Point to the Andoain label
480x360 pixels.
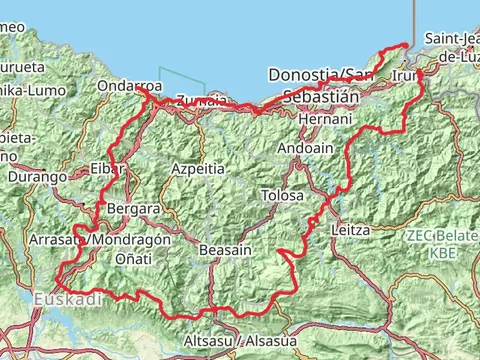pyautogui.click(x=300, y=147)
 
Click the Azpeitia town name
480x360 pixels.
pyautogui.click(x=198, y=169)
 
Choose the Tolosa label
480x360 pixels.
pyautogui.click(x=281, y=195)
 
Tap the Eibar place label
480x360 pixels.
pyautogui.click(x=107, y=167)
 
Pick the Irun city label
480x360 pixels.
pyautogui.click(x=407, y=76)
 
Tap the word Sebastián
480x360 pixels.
pyautogui.click(x=320, y=97)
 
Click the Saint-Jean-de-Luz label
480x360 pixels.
pyautogui.click(x=452, y=46)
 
